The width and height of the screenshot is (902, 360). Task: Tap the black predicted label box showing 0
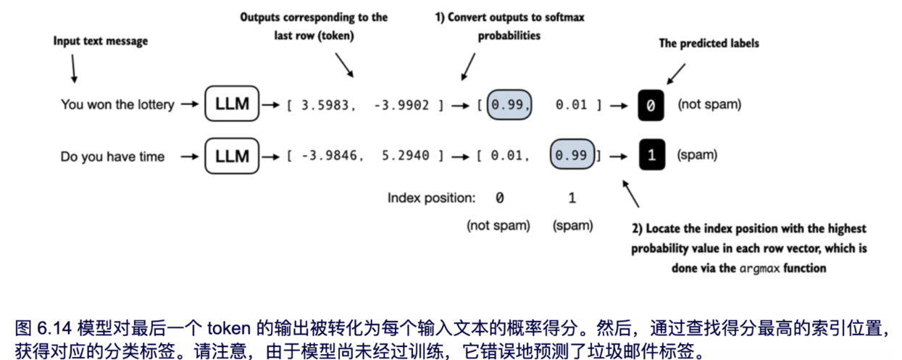651,105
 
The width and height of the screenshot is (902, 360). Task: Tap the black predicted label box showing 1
651,156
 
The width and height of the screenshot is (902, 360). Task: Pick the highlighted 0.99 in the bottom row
572,156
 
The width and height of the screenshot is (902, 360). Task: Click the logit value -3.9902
403,105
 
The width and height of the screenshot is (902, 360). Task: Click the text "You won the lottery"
117,105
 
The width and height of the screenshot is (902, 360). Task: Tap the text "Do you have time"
112,156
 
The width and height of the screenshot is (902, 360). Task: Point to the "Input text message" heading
100,41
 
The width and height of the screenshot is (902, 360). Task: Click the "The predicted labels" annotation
709,43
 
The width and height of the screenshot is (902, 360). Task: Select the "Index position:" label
431,198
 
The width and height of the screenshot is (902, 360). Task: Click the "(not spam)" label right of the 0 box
709,105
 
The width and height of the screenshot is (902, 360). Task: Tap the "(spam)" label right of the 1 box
697,156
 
